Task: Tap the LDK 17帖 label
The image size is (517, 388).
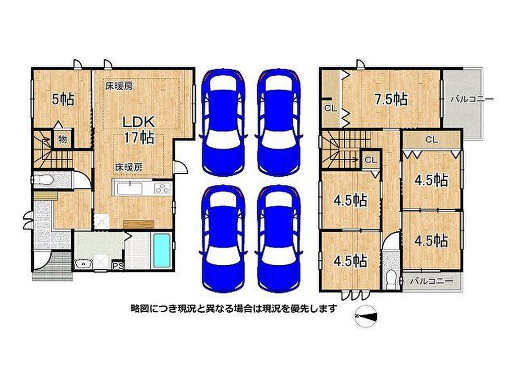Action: pos(138,129)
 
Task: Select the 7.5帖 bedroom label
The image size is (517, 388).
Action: pos(391,99)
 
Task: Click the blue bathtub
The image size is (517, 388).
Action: pos(162,250)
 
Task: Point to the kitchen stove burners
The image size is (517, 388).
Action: pos(162,188)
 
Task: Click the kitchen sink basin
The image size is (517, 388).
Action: pos(130,189)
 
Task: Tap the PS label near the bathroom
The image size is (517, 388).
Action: pos(118,266)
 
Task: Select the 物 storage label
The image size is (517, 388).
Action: pos(63,139)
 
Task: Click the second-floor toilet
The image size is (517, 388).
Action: pos(391,280)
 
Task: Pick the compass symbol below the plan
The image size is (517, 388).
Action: pos(366,316)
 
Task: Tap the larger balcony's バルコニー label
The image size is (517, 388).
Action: pos(472,99)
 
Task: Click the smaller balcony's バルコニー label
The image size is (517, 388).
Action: pos(432,281)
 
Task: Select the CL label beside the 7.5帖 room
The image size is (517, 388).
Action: pos(330,108)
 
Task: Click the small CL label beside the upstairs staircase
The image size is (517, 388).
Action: pos(371,160)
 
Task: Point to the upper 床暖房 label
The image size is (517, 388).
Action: pos(119,86)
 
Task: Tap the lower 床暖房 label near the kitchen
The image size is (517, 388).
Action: pos(129,167)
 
